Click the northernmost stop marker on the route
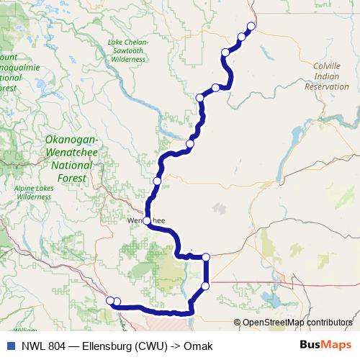point(251,27)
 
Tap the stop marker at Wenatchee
point(147,220)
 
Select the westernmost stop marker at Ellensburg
point(109,300)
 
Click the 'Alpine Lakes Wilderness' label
point(34,192)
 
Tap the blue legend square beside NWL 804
point(10,346)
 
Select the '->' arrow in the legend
point(173,346)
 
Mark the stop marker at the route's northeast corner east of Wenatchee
point(206,257)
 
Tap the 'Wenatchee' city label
point(147,221)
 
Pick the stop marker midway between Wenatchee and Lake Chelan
point(157,181)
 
